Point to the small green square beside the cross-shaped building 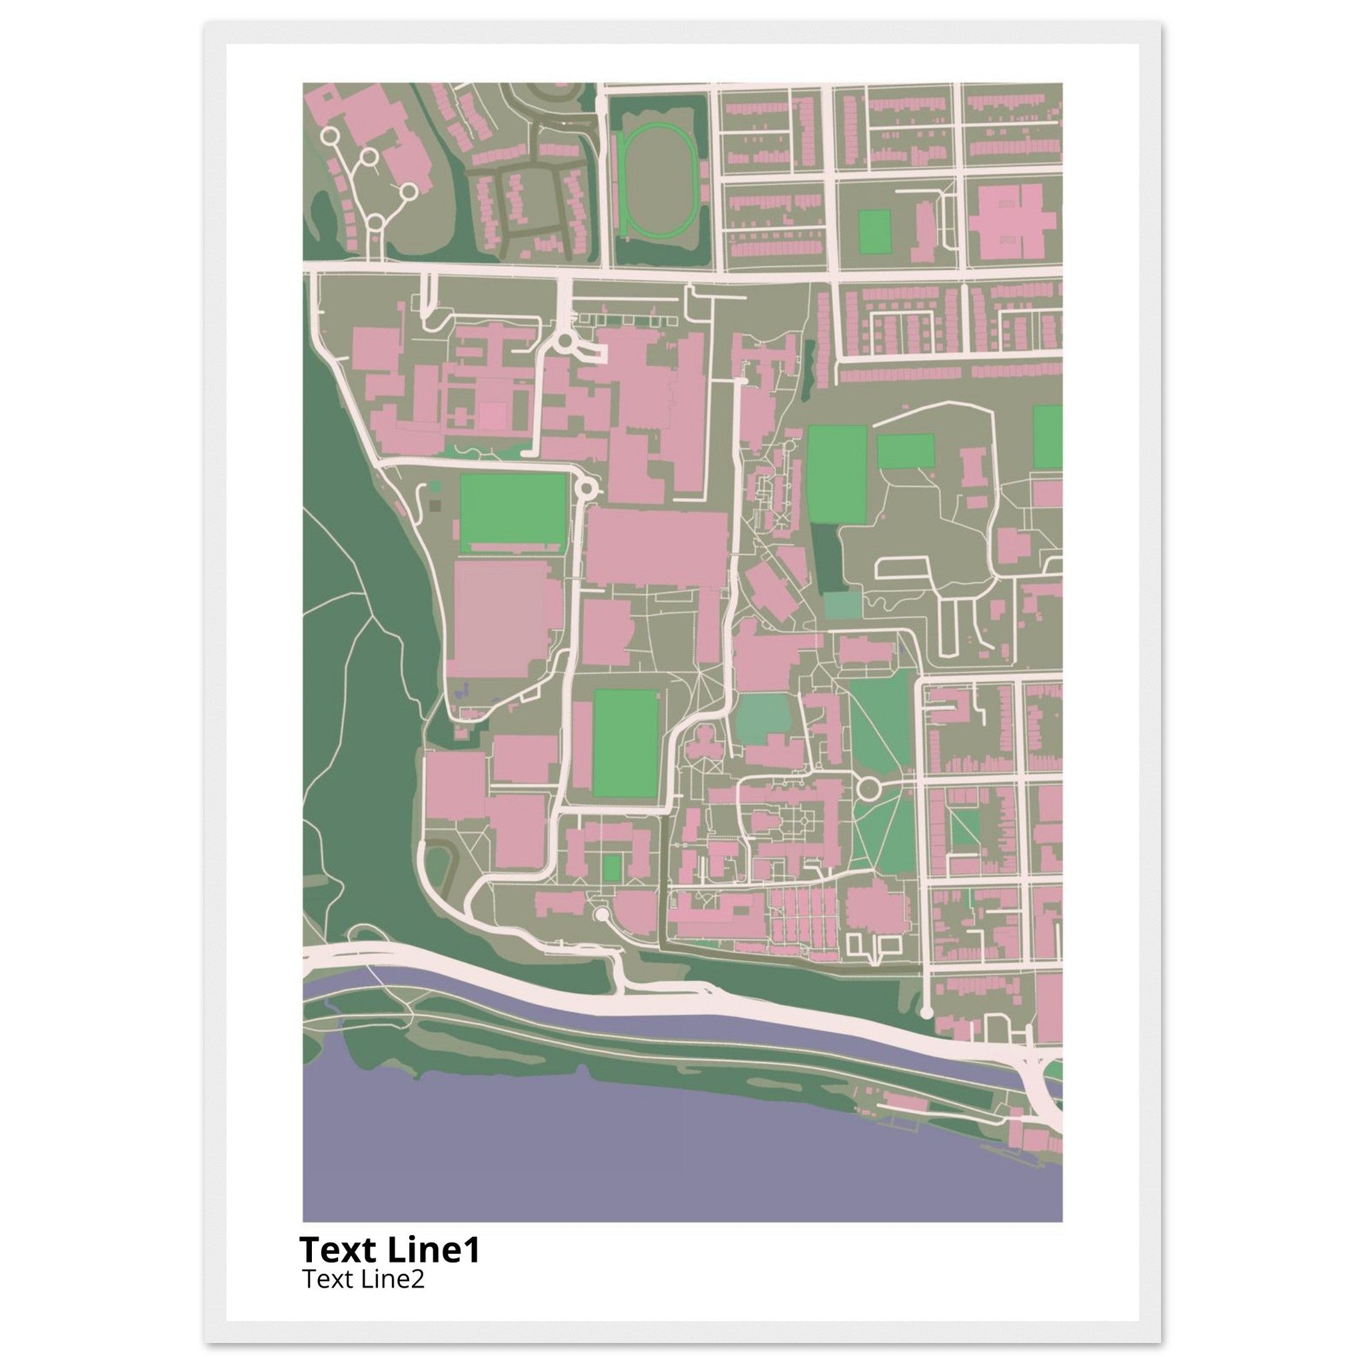coord(874,233)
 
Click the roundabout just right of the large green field coord(586,487)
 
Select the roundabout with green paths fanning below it coord(868,786)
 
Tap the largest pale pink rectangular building coord(499,619)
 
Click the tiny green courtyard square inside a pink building coord(613,868)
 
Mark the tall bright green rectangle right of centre coord(837,474)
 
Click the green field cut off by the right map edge coord(1048,437)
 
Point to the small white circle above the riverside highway coord(601,914)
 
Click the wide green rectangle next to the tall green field coord(905,451)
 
